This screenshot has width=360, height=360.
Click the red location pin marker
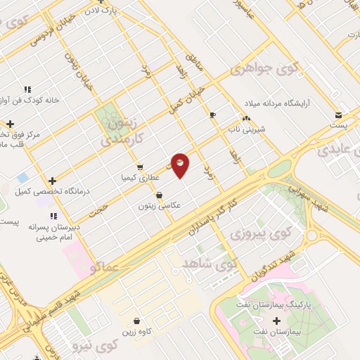181,165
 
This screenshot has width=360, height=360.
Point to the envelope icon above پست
340,115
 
